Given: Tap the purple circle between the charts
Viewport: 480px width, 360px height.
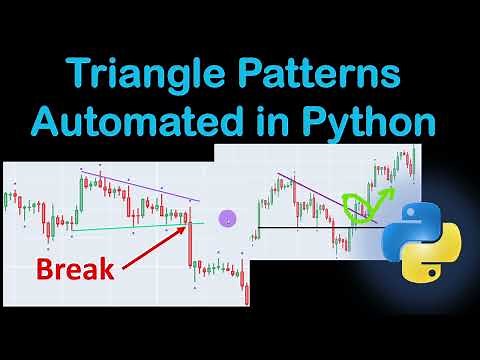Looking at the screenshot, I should pyautogui.click(x=227, y=217).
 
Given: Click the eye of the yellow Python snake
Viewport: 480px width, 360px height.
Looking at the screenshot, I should pyautogui.click(x=437, y=271).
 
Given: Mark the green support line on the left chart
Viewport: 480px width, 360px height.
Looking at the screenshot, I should pyautogui.click(x=130, y=227).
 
